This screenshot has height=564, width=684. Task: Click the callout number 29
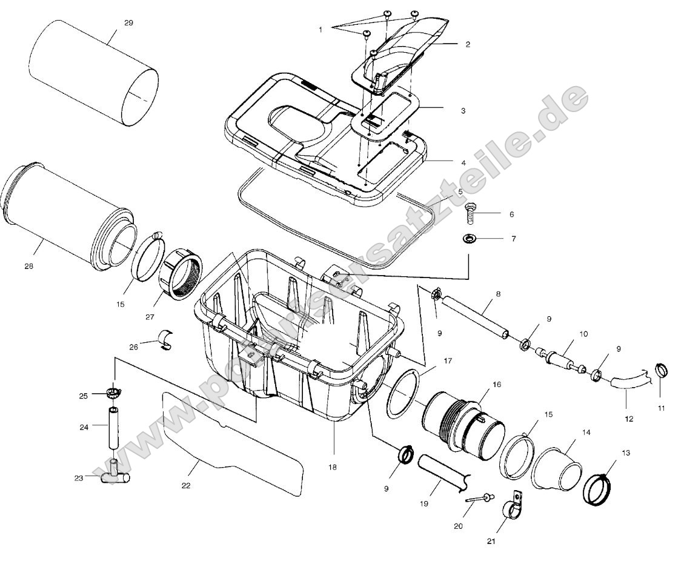coord(128,23)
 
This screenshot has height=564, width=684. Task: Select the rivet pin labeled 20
coord(478,498)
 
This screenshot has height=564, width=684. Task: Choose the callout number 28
coord(29,266)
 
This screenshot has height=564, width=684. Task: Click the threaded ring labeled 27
coord(181,274)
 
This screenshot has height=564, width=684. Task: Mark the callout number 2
coord(468,44)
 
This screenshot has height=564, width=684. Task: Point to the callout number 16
coord(497,384)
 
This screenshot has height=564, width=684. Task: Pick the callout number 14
coord(586,433)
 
